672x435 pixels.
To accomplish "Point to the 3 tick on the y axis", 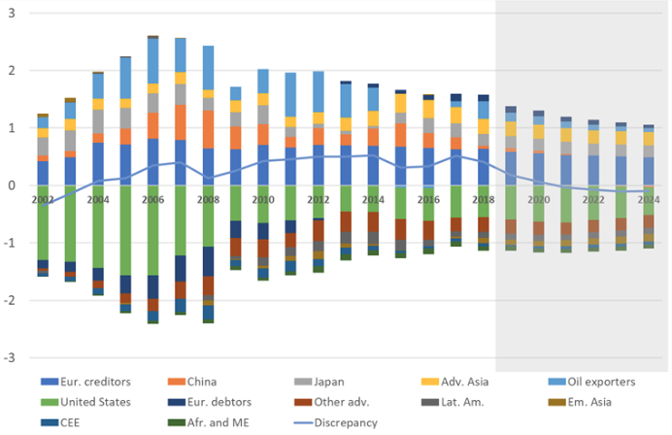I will tap(9, 13).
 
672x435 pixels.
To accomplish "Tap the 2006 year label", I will tap(152, 198).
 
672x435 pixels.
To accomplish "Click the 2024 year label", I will tap(649, 198).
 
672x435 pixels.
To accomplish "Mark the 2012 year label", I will tap(318, 198).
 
